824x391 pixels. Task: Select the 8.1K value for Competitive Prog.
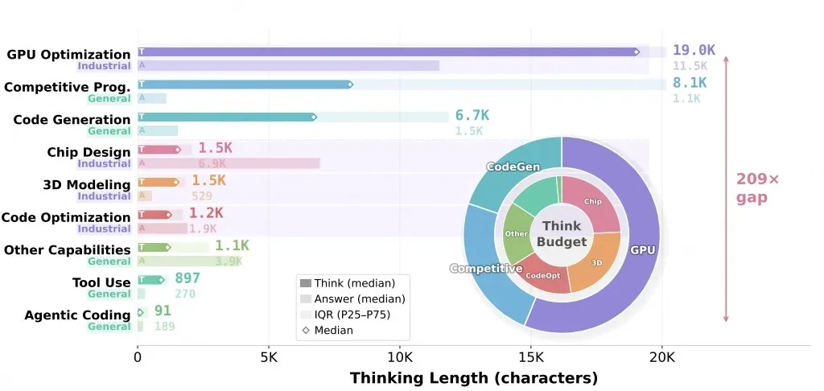tap(690, 84)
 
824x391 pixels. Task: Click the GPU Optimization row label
tap(68, 55)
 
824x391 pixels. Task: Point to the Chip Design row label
tap(89, 152)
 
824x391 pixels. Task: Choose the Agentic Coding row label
tap(77, 315)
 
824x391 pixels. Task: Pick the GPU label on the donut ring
tap(642, 250)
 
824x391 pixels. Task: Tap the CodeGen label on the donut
tap(512, 167)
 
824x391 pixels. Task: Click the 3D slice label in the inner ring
tap(597, 262)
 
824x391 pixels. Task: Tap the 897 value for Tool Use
tap(187, 278)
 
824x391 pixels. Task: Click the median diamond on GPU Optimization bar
tap(636, 51)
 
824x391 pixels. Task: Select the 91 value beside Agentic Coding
tap(163, 311)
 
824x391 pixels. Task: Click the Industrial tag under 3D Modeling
tap(105, 196)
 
